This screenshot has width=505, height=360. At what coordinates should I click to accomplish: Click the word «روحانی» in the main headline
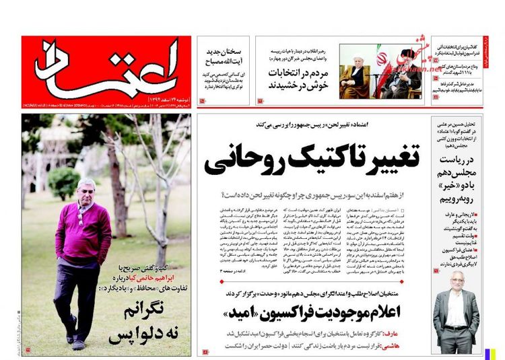coord(242,157)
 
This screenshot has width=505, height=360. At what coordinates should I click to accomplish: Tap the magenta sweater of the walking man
coord(85,232)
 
